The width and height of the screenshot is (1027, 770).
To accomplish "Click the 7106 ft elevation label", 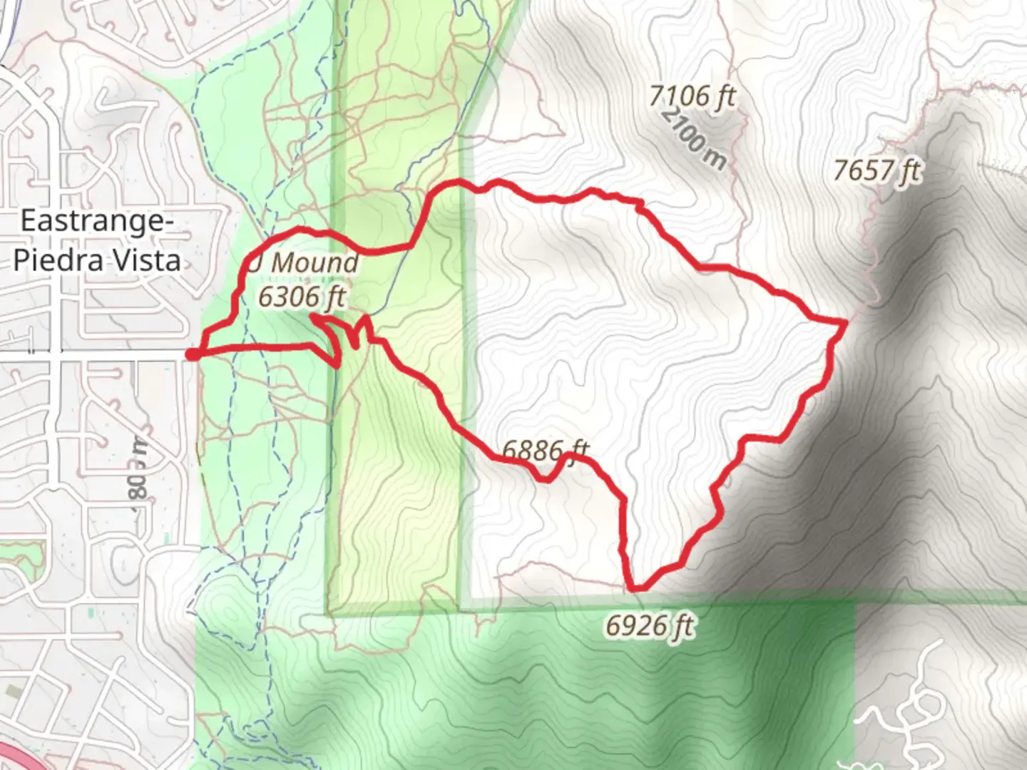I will pos(692,96).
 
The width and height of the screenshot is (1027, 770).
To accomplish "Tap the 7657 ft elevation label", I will pos(877,171).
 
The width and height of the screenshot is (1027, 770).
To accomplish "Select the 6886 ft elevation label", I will pos(546,450).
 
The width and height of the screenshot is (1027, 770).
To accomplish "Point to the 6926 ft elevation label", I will pos(650,626).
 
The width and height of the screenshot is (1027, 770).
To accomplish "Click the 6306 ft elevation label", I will pos(302,297).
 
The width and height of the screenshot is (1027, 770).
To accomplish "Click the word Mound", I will pos(314,262).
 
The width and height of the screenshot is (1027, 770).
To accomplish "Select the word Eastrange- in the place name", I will pos(96,221).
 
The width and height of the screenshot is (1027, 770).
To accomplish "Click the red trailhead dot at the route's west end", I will pos(193,354).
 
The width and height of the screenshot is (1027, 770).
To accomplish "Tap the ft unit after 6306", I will pos(333,297).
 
